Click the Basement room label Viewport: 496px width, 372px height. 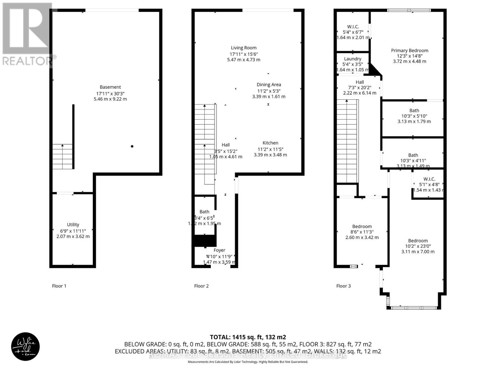tap(110, 87)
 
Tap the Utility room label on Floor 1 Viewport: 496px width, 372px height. tap(73, 224)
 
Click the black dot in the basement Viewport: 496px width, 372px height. tap(132, 146)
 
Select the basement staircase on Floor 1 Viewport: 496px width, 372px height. tap(62, 157)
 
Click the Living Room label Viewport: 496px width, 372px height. tap(244, 48)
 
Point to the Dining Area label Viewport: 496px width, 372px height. tap(269, 85)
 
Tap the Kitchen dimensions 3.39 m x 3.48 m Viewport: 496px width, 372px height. tap(270, 155)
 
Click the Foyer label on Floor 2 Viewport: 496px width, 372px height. tap(219, 250)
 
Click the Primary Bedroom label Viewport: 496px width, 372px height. tap(410, 51)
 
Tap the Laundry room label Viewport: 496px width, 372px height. tap(352, 59)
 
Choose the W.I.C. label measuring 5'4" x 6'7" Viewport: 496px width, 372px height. tap(352, 27)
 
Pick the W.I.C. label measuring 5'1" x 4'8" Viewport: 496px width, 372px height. tap(429, 179)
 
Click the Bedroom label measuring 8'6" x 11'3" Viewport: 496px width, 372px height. tap(362, 226)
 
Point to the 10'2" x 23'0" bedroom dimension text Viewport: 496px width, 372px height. tap(418, 246)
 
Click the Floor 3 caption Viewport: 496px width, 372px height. tap(343, 286)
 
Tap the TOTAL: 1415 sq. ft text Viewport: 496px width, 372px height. tap(248, 337)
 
